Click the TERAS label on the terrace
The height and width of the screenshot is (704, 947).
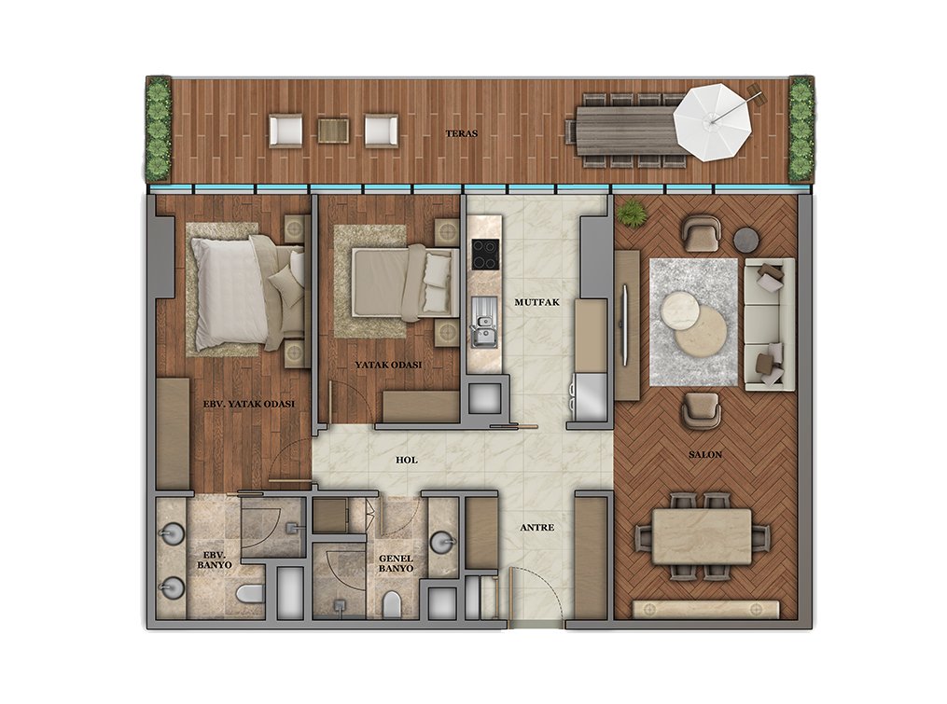tap(462, 133)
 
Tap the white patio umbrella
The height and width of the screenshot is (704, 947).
tap(712, 121)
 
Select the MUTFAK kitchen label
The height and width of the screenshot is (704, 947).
tap(536, 302)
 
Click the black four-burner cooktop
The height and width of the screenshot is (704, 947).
tap(485, 255)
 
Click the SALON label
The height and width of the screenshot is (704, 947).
tap(705, 455)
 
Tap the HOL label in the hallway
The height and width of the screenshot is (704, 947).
tap(407, 460)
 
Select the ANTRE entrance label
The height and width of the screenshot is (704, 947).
tap(537, 528)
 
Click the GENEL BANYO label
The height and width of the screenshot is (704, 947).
tap(397, 564)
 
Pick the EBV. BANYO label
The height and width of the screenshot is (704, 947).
tap(215, 559)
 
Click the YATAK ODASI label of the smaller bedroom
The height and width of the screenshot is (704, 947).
tap(388, 365)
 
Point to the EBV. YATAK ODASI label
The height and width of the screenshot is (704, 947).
tap(249, 404)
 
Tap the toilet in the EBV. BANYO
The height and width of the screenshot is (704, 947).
tap(250, 594)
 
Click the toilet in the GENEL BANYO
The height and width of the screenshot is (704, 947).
tap(392, 603)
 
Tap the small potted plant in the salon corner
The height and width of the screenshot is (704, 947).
tap(632, 213)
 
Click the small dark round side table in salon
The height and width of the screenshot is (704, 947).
tap(747, 239)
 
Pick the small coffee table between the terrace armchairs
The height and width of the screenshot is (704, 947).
tap(333, 131)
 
